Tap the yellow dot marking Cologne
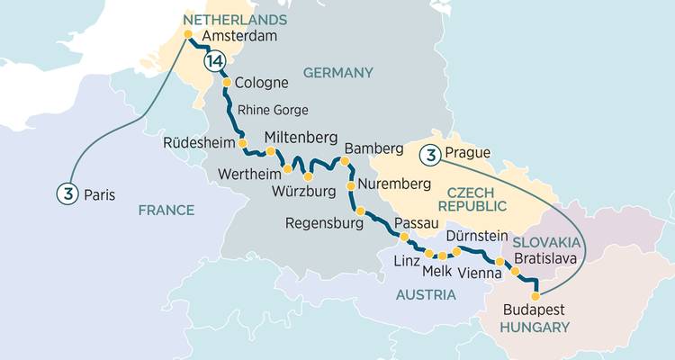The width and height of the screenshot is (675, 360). click(227, 83)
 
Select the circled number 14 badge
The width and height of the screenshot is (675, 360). click(213, 61)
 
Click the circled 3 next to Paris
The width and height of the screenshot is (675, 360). click(65, 193)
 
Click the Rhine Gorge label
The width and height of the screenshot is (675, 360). click(273, 110)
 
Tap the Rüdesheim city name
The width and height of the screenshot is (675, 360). click(199, 142)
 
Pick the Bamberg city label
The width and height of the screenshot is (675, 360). click(365, 146)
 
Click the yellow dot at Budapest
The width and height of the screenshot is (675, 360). click(535, 295)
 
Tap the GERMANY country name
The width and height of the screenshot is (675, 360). click(337, 72)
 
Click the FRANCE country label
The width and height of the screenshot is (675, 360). click(166, 210)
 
